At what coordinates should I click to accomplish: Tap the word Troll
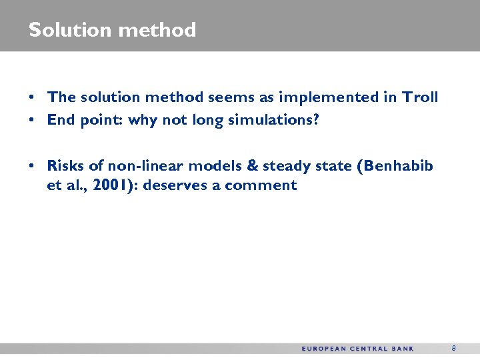(420, 97)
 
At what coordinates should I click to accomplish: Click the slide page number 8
(453, 348)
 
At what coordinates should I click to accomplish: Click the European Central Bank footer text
(357, 349)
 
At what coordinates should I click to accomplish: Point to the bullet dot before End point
(32, 121)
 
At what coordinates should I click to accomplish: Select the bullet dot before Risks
(32, 166)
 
